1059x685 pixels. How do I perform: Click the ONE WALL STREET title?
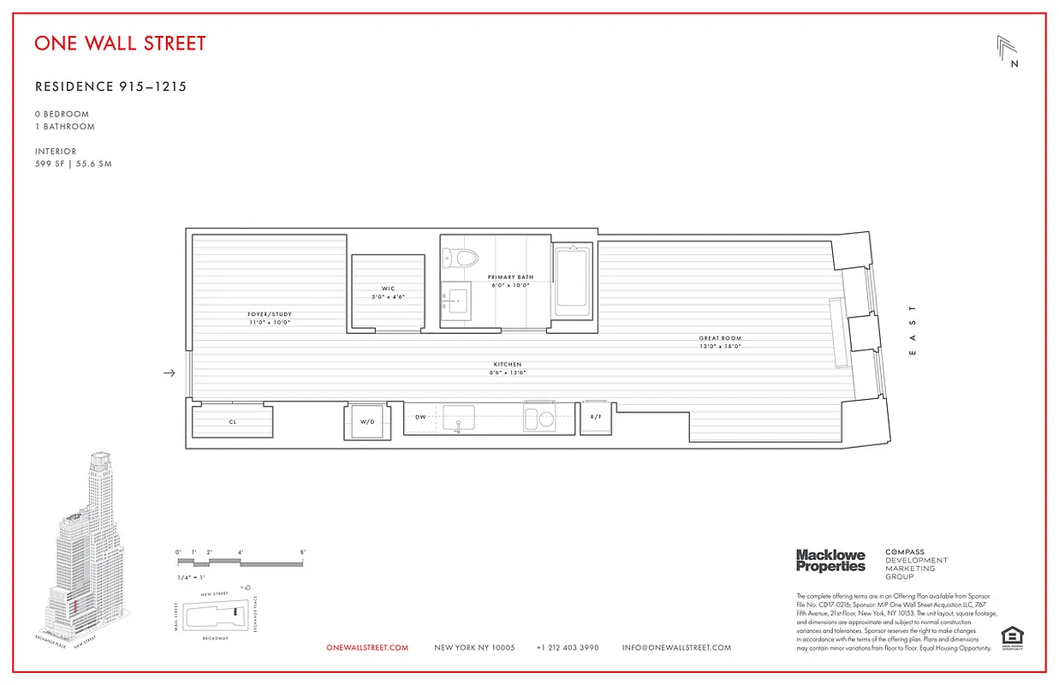click(120, 43)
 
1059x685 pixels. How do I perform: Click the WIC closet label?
click(389, 289)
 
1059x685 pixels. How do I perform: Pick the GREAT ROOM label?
click(719, 338)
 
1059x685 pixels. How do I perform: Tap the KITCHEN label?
click(507, 364)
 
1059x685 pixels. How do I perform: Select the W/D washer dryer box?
click(367, 421)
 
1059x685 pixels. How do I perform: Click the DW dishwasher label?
click(420, 418)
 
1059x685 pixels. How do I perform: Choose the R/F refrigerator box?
click(595, 418)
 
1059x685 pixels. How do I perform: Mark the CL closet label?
click(232, 422)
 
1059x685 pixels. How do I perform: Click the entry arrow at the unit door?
click(170, 372)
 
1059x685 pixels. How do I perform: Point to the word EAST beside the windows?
click(913, 330)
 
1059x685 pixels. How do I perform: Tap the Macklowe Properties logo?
click(830, 561)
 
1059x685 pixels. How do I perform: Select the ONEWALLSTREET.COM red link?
click(367, 648)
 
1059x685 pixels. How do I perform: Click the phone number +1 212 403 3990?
click(568, 648)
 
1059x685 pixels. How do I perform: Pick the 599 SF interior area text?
click(73, 164)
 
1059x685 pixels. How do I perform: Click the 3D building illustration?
click(86, 548)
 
